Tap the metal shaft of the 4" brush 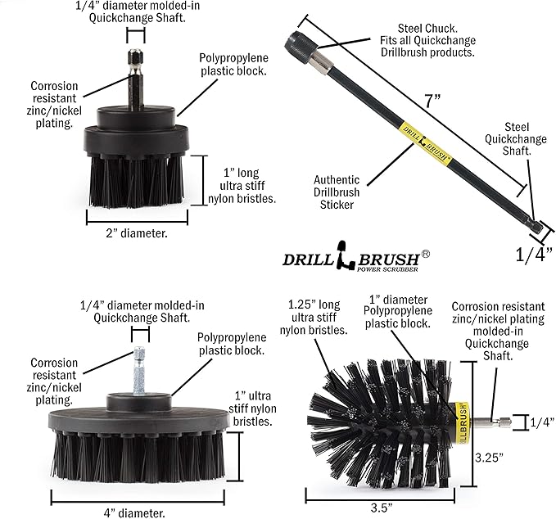coord(135,368)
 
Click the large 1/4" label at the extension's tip coord(529,255)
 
